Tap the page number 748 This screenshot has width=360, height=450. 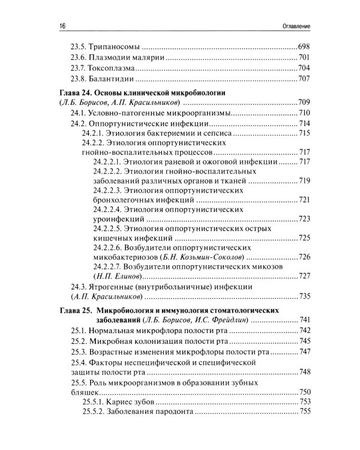pos(303,371)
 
